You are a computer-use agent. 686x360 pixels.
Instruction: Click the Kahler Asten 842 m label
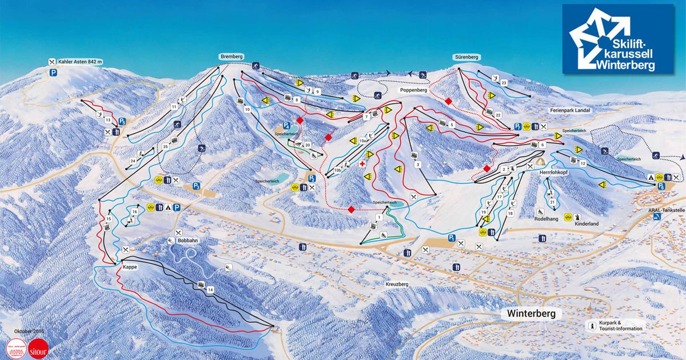pyautogui.click(x=79, y=62)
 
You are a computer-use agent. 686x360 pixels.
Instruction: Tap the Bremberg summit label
pyautogui.click(x=232, y=57)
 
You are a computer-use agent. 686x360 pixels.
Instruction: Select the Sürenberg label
pyautogui.click(x=466, y=57)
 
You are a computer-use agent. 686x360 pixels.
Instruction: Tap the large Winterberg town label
pyautogui.click(x=530, y=314)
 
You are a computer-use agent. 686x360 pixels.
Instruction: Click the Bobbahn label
pyautogui.click(x=187, y=241)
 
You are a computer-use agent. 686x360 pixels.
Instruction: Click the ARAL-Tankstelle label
pyautogui.click(x=667, y=210)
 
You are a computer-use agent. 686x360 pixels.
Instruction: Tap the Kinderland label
pyautogui.click(x=587, y=224)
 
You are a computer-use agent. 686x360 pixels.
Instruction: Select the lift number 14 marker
pyautogui.click(x=210, y=291)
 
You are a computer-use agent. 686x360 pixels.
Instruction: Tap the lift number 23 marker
pyautogui.click(x=504, y=83)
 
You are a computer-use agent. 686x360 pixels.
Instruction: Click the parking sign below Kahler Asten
pyautogui.click(x=53, y=73)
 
